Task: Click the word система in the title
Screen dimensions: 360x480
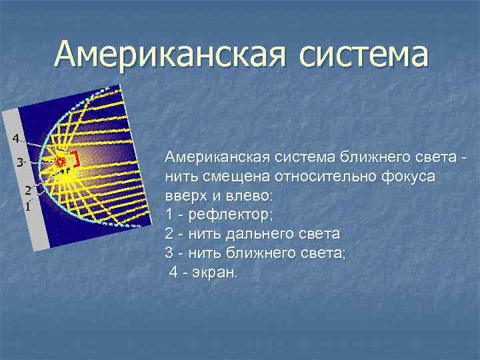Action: (x=361, y=55)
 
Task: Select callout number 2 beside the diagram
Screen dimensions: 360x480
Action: (x=28, y=190)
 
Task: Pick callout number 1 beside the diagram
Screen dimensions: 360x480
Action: (x=27, y=206)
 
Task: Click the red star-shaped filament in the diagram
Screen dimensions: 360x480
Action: (x=61, y=161)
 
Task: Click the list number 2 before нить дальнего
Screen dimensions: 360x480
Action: (x=169, y=235)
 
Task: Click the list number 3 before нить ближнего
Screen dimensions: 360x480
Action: (x=169, y=254)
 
